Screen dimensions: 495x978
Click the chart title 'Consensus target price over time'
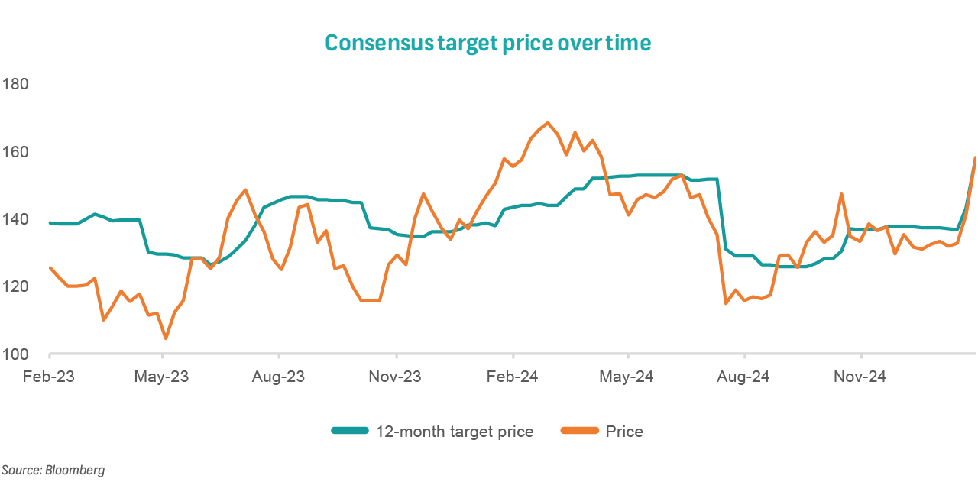click(x=488, y=43)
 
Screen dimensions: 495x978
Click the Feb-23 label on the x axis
click(x=49, y=377)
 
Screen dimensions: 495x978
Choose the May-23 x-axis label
click(x=163, y=377)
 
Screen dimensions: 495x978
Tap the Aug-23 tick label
click(x=279, y=377)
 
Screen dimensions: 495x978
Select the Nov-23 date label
click(x=396, y=377)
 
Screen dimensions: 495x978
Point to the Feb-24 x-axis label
click(x=513, y=377)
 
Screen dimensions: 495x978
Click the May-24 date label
click(x=627, y=377)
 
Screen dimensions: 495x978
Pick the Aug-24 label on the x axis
click(x=744, y=377)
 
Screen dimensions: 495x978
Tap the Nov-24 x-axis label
click(x=860, y=377)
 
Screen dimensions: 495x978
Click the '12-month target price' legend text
click(x=455, y=432)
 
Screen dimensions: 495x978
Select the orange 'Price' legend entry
click(x=624, y=432)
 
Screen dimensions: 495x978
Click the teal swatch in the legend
click(x=349, y=432)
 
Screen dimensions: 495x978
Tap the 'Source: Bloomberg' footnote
click(x=53, y=471)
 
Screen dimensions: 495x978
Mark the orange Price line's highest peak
click(x=548, y=123)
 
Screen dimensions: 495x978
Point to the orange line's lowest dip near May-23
click(x=165, y=338)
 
